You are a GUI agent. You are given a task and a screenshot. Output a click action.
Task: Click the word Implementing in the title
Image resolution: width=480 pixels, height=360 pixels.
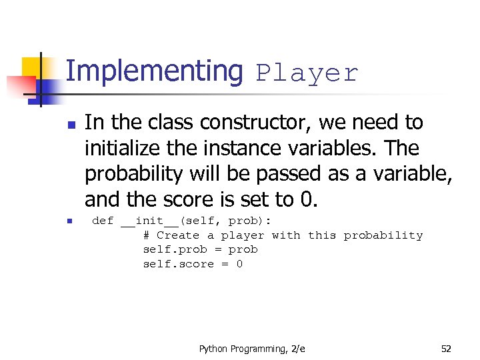(154, 72)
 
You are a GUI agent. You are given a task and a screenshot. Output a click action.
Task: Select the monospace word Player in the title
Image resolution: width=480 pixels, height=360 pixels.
(307, 73)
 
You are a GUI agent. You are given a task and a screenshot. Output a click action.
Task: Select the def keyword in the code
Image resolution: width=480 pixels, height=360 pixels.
(102, 221)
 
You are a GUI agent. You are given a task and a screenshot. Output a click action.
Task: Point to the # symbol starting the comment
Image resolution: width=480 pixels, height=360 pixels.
(147, 235)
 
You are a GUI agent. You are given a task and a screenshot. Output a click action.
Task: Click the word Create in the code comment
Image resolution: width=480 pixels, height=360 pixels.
(178, 235)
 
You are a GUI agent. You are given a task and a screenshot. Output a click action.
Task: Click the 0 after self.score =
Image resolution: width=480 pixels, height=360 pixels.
(239, 264)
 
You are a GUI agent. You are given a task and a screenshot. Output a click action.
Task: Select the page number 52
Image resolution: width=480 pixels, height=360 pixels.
(446, 349)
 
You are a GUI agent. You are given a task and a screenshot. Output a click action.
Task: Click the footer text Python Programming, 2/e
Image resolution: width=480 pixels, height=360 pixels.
(252, 349)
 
